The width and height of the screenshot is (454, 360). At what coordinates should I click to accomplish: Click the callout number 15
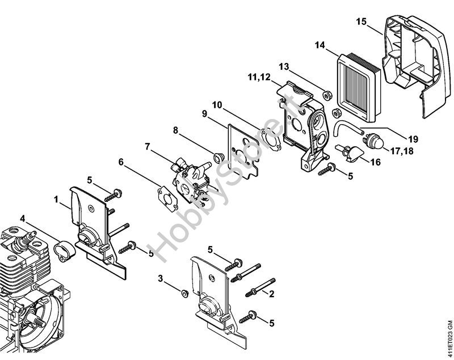click(x=361, y=22)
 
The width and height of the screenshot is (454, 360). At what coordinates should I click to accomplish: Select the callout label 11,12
click(x=258, y=77)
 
